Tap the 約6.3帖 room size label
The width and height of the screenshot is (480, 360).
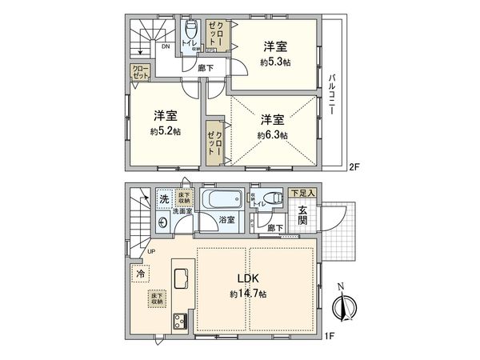pos(273,135)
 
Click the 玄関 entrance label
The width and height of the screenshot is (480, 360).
pos(304,216)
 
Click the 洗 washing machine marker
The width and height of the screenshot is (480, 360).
pos(163,199)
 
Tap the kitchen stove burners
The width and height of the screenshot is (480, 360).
pos(177,325)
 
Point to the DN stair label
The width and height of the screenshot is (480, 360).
pos(165,47)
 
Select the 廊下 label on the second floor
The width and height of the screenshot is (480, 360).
pos(206,69)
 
